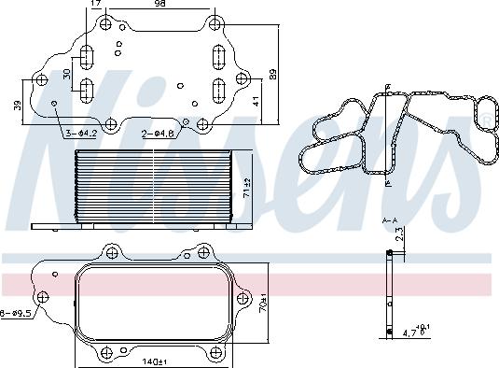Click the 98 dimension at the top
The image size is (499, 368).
point(161,3)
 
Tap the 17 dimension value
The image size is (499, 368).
point(96,3)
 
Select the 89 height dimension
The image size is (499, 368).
point(273,74)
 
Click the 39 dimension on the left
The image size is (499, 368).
point(18,106)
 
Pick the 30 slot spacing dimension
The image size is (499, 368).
point(67,74)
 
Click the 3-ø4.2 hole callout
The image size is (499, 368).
point(81,134)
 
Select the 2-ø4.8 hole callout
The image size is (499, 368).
point(158,134)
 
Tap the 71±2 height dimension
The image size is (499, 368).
point(247,189)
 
